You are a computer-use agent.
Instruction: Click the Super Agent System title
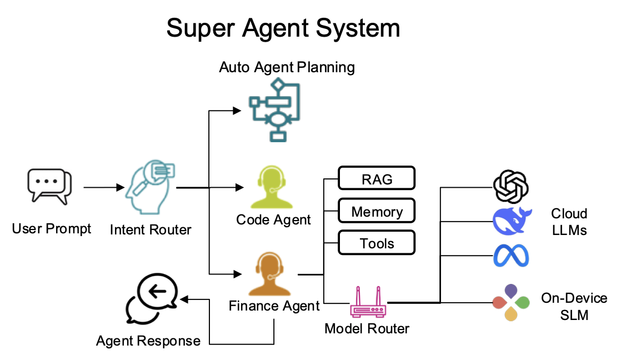pos(283,28)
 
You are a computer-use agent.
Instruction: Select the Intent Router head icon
pos(150,189)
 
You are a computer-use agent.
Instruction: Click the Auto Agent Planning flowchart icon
pos(274,109)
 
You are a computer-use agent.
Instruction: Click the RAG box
pos(377,179)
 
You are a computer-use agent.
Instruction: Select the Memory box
pos(377,212)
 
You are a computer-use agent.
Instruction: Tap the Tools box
pos(377,243)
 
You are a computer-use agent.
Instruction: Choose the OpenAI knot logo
pos(510,187)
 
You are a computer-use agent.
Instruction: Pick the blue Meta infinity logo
pos(511,257)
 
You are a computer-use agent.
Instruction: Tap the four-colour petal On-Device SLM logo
pos(510,303)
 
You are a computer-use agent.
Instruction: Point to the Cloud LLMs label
pos(569,221)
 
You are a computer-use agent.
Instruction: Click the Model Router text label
pos(367,328)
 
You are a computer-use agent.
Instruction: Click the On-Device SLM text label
pos(574,307)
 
